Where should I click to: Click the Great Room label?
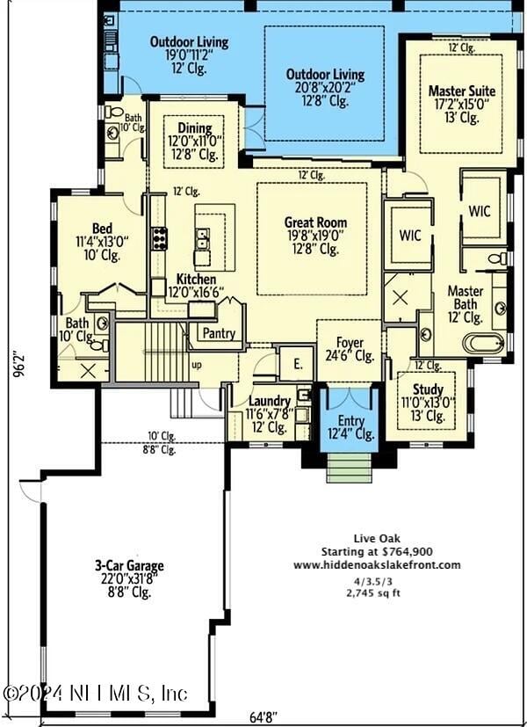click(315, 222)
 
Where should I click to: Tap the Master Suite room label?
click(461, 91)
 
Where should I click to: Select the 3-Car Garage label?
click(129, 566)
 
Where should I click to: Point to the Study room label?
click(428, 389)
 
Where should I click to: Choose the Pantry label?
click(219, 333)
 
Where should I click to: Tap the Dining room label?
click(194, 127)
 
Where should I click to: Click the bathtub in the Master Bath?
click(483, 343)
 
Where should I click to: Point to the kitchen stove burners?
click(159, 238)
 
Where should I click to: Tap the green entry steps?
click(350, 468)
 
